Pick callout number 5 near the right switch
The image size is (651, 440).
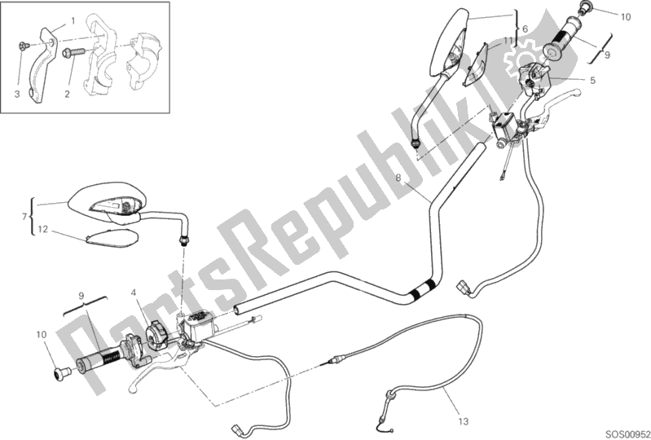click(525, 29)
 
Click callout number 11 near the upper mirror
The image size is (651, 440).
click(507, 40)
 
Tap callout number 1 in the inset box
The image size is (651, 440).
click(72, 20)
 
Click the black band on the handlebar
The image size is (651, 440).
click(423, 287)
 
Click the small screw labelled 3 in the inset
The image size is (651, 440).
click(24, 45)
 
